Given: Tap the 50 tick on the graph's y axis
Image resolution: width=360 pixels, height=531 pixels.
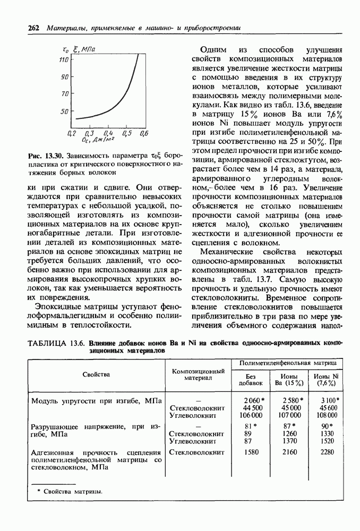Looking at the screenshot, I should point(64,112).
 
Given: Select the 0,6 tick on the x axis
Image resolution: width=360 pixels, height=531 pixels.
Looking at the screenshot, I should point(144,133).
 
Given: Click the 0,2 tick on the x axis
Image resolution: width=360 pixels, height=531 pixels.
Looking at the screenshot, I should point(72,133).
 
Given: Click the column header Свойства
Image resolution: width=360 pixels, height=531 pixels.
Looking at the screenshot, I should point(96,374).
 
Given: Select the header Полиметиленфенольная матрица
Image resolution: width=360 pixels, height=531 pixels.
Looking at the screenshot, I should point(287,362).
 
